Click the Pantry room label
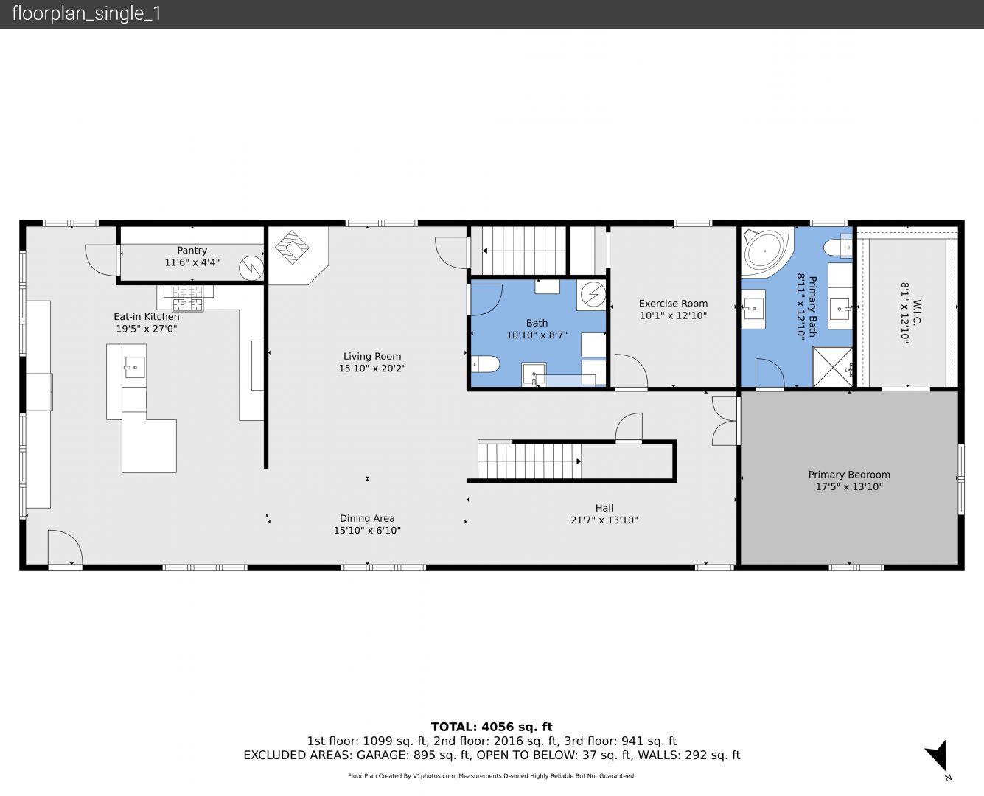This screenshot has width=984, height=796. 192,251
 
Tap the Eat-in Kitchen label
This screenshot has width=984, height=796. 147,317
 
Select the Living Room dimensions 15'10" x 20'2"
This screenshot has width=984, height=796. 372,369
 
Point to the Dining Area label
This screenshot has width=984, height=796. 367,518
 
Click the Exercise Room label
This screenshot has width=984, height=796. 673,304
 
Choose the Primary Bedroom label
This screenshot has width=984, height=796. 849,475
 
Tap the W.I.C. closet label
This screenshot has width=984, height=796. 916,313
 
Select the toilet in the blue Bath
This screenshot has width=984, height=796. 485,364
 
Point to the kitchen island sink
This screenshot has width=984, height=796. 134,368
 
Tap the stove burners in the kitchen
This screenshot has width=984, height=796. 187,298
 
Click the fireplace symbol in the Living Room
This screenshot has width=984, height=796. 292,247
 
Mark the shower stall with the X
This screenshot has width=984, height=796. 832,367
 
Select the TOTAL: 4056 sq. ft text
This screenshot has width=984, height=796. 492,727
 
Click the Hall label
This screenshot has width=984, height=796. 604,508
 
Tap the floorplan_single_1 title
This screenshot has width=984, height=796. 86,14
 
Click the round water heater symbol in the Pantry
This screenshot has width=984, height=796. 251,268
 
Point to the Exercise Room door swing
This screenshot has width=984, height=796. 631,371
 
